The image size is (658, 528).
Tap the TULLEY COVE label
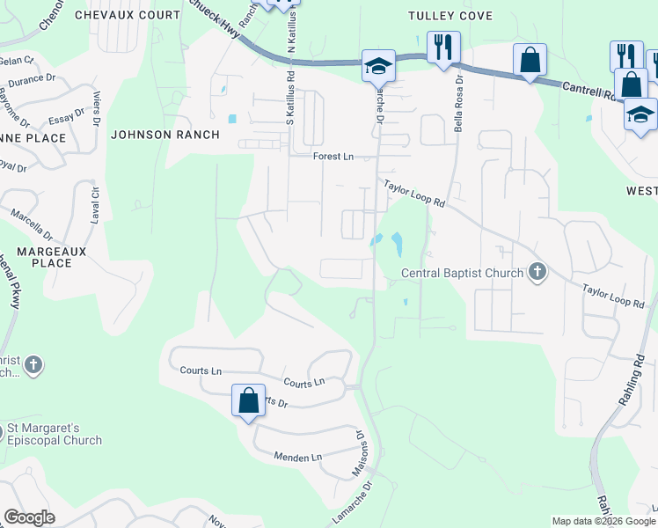(450, 16)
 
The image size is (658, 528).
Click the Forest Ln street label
(333, 157)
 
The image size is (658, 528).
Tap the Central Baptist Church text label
(462, 273)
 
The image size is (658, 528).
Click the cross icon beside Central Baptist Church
(537, 273)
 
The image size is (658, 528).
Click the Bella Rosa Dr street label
(457, 105)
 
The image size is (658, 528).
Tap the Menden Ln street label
(298, 457)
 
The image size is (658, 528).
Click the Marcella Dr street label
(32, 225)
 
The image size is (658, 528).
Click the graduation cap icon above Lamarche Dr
(377, 65)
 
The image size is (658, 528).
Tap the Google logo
(30, 517)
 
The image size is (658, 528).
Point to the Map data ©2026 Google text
(603, 521)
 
